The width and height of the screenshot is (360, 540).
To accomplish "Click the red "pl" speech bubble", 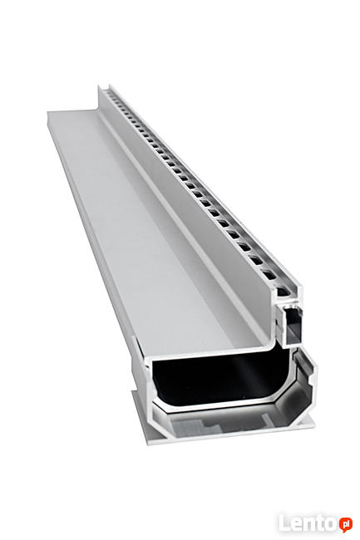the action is click(345, 525).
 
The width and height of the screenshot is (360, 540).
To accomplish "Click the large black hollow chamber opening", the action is click(220, 379).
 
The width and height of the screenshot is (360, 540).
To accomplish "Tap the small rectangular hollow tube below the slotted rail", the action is click(291, 324).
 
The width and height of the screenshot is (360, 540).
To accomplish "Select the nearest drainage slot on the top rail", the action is click(283, 292).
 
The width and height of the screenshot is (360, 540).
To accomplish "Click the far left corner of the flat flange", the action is click(47, 112).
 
